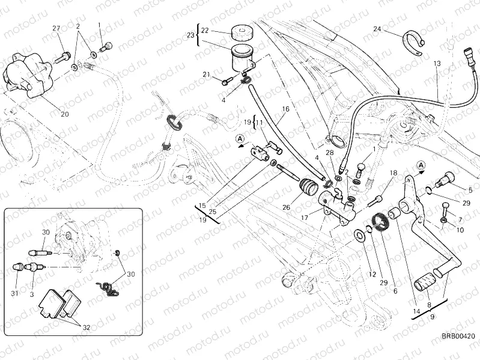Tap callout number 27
click(57, 29)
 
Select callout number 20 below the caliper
click(64, 114)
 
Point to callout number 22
click(204, 30)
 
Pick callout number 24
click(377, 29)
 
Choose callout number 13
click(437, 63)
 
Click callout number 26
click(286, 207)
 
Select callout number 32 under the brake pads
click(87, 328)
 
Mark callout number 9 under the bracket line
click(431, 315)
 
